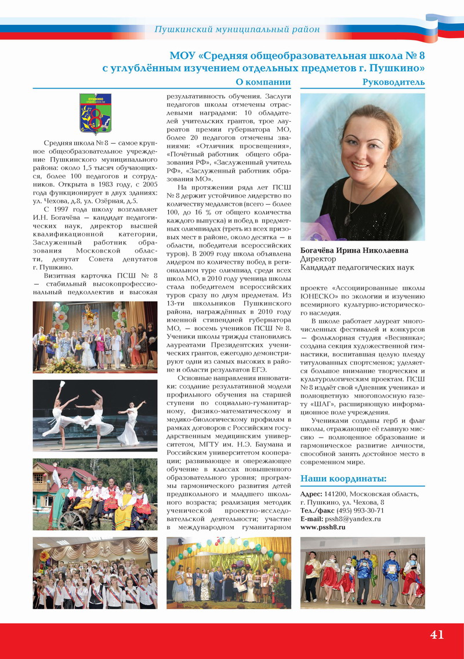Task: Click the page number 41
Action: [437, 634]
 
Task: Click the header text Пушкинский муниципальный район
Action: [237, 29]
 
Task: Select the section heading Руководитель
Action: [393, 82]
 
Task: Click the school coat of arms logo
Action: [95, 114]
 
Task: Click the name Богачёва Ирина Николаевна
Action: [354, 250]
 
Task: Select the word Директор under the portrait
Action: [317, 259]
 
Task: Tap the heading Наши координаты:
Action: [343, 478]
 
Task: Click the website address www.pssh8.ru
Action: [322, 527]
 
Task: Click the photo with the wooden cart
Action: [95, 494]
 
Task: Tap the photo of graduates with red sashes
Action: [95, 573]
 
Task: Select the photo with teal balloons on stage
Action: [229, 573]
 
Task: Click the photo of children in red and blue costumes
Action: [362, 573]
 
